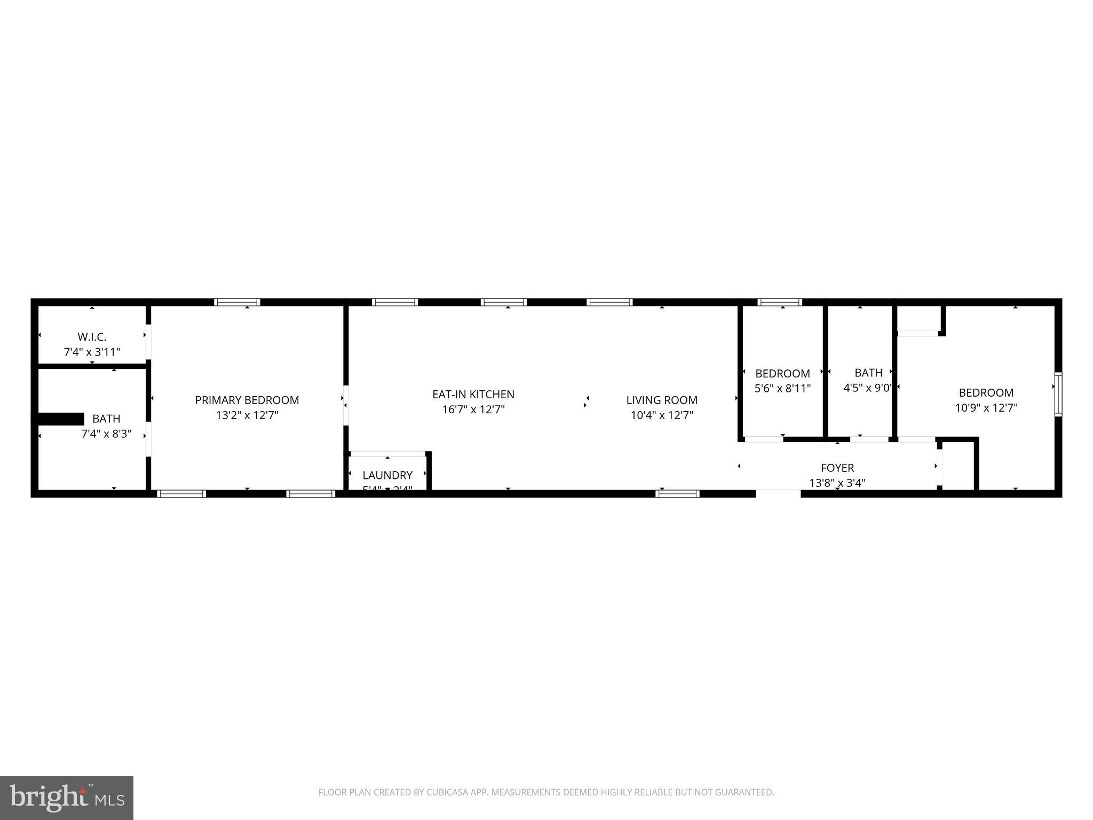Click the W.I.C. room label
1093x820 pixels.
point(92,337)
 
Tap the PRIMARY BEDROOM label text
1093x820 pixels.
point(247,400)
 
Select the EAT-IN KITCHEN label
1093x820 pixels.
point(473,394)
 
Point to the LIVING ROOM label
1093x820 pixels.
point(661,400)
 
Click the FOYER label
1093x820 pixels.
point(837,468)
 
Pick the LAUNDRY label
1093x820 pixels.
point(387,475)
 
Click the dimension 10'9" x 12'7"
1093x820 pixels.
point(986,408)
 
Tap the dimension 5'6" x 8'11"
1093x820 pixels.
point(782,388)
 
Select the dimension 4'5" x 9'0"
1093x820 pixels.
point(867,388)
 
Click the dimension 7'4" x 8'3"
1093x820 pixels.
point(106,434)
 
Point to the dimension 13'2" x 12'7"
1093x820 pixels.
point(247,415)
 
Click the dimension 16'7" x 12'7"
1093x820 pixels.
point(473,409)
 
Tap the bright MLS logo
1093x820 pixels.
point(67,798)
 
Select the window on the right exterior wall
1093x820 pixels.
point(1058,394)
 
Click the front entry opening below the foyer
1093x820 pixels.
point(778,493)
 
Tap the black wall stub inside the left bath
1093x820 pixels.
point(61,419)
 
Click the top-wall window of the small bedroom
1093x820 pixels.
point(780,302)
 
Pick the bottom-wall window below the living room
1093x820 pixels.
point(677,493)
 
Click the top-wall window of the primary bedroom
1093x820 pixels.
point(237,302)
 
